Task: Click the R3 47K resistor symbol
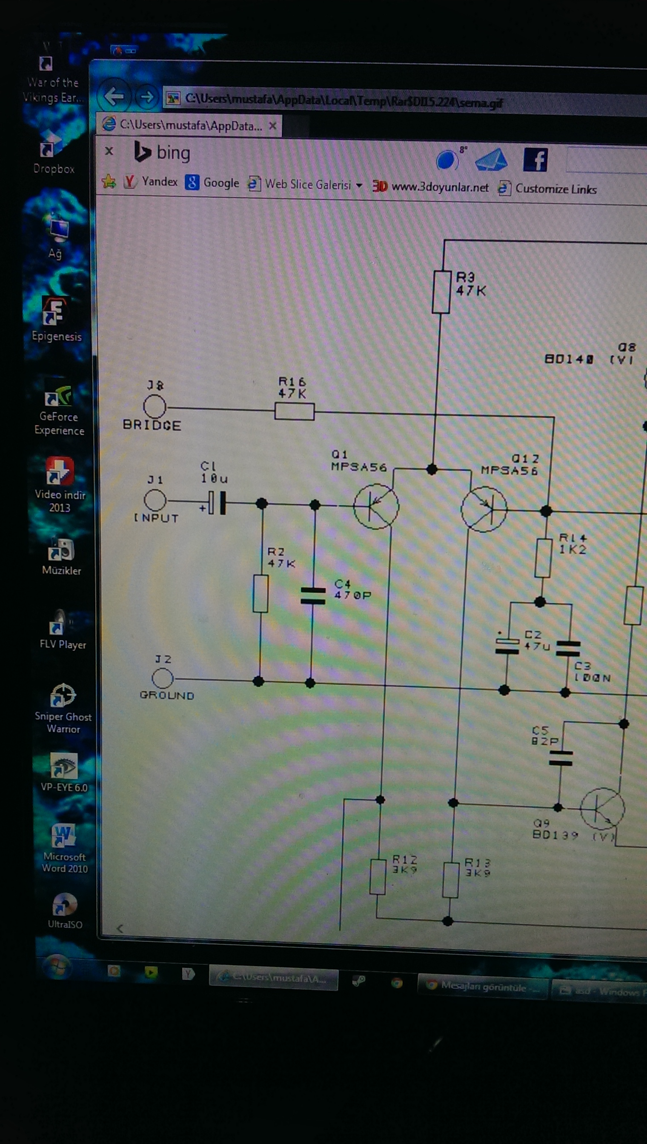pyautogui.click(x=441, y=292)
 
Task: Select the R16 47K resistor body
pyautogui.click(x=294, y=411)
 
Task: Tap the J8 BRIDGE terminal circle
pyautogui.click(x=155, y=406)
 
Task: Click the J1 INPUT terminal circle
pyautogui.click(x=155, y=500)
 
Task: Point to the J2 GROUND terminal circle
pyautogui.click(x=163, y=678)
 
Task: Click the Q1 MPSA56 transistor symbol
pyautogui.click(x=376, y=506)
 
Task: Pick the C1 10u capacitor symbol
pyautogui.click(x=217, y=503)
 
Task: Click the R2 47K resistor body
pyautogui.click(x=261, y=594)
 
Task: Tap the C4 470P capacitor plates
pyautogui.click(x=313, y=596)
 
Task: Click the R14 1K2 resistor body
pyautogui.click(x=543, y=558)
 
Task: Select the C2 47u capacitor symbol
pyautogui.click(x=507, y=646)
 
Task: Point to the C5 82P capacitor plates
pyautogui.click(x=560, y=758)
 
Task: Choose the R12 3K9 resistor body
pyautogui.click(x=378, y=877)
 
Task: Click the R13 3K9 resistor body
pyautogui.click(x=451, y=880)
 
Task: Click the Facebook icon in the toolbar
pyautogui.click(x=535, y=160)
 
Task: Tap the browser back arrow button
pyautogui.click(x=114, y=95)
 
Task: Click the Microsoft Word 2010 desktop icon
pyautogui.click(x=63, y=835)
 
